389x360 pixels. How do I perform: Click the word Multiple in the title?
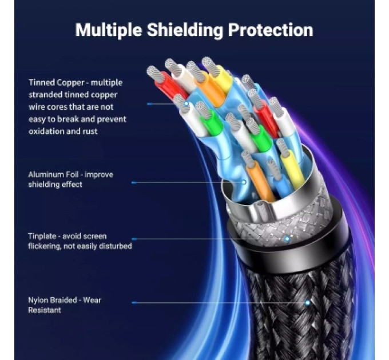(109, 30)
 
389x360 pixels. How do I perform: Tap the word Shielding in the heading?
(185, 30)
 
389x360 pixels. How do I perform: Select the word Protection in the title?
(271, 30)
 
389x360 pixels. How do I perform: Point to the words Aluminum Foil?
(53, 174)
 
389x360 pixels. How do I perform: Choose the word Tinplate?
(42, 236)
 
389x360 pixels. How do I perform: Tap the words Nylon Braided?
(53, 301)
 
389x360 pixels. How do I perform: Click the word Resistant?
(45, 310)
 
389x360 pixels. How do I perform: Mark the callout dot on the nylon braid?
(308, 302)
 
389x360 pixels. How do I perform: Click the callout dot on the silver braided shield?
(287, 239)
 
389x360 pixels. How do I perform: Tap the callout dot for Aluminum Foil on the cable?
(244, 182)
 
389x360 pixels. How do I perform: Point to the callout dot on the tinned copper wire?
(186, 103)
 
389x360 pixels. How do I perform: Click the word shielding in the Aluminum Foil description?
(43, 185)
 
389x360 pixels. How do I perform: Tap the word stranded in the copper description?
(45, 95)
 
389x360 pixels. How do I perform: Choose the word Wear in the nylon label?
(92, 301)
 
